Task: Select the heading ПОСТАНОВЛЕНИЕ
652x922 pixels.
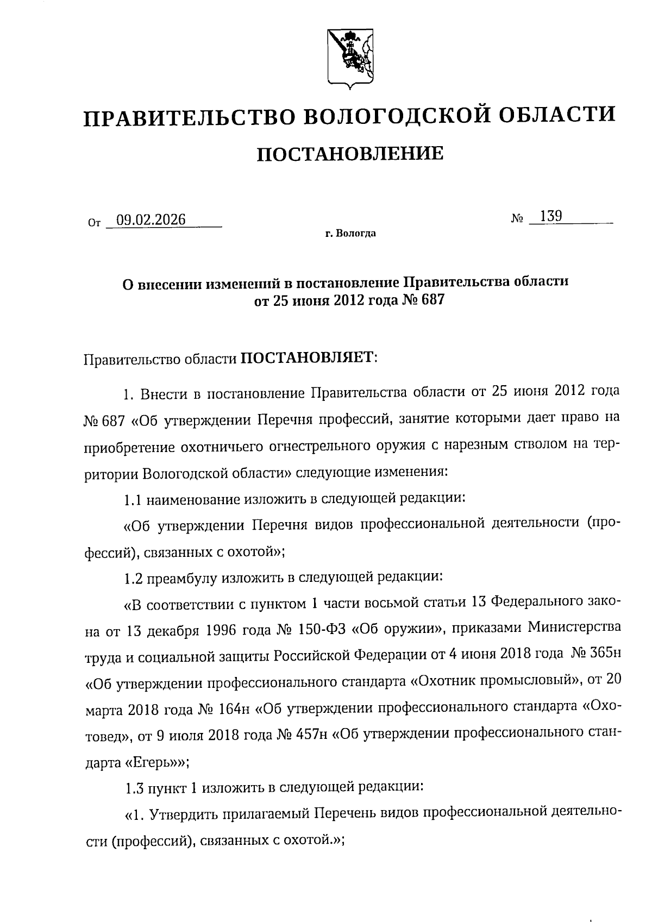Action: pos(350,154)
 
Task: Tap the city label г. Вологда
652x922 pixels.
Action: pos(350,234)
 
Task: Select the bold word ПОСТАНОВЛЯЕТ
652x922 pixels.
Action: pos(307,359)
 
